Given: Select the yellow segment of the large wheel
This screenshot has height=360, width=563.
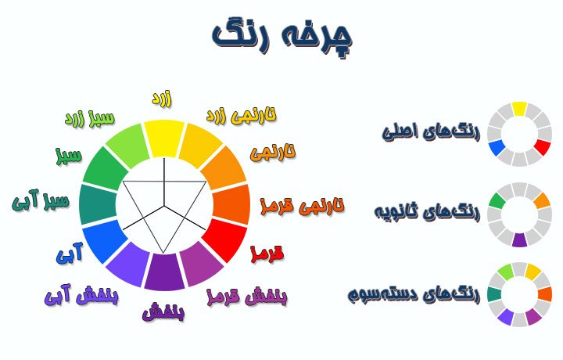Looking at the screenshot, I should (x=164, y=136).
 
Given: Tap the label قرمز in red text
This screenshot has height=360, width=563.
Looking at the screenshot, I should (x=266, y=254).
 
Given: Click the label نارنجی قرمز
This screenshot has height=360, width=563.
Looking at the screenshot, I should (x=301, y=206).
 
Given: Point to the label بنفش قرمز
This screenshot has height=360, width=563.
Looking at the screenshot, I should (x=246, y=297).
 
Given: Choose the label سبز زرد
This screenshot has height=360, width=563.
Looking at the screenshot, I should (x=89, y=120).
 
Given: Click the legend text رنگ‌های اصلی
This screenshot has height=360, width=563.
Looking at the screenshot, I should (x=430, y=130).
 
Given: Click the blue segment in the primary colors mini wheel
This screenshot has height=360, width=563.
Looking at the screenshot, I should (x=496, y=147).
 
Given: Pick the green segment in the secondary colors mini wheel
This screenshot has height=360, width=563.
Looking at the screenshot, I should (x=496, y=200).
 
